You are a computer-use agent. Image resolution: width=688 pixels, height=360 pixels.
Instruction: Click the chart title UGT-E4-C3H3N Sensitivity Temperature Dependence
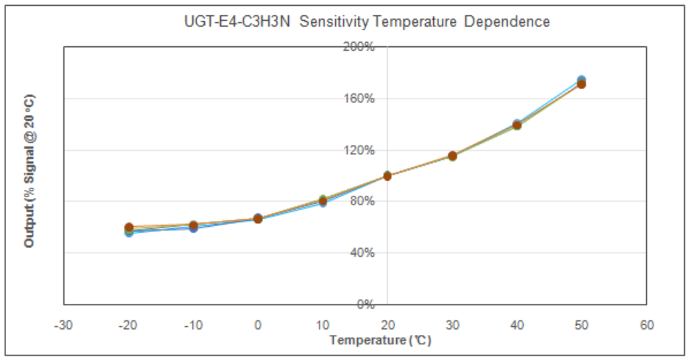coord(367,21)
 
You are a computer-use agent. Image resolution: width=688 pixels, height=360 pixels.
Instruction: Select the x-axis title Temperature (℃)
coord(380,340)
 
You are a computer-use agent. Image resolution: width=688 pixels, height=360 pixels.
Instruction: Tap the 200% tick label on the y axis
coord(359,47)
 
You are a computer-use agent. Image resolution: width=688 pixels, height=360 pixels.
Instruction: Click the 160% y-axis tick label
coord(359,99)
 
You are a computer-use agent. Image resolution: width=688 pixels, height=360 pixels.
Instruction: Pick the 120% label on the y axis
coord(359,150)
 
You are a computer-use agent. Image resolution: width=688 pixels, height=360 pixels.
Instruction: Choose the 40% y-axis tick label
coord(362,253)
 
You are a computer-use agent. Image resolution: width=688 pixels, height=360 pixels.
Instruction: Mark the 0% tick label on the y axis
coord(365,304)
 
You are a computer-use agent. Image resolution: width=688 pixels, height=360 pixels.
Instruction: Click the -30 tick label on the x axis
coord(63,325)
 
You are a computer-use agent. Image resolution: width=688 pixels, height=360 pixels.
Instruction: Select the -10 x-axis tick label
coord(193,325)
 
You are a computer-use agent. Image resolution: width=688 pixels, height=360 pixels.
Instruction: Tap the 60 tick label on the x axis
coord(646,325)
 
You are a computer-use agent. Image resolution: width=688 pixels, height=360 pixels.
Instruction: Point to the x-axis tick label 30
coord(452,325)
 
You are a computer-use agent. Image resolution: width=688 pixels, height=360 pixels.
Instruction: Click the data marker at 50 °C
coord(581,82)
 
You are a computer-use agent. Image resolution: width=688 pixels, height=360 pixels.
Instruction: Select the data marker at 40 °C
coord(517,125)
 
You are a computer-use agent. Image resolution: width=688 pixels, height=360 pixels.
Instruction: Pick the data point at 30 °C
coord(452,155)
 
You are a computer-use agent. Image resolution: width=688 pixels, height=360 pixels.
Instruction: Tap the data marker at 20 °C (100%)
coord(387,176)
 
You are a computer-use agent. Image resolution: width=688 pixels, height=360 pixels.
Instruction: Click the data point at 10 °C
coord(323,201)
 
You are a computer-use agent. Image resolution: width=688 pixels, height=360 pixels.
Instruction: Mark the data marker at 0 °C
coord(258,219)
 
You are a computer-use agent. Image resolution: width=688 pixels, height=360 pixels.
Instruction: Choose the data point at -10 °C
coord(193,226)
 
